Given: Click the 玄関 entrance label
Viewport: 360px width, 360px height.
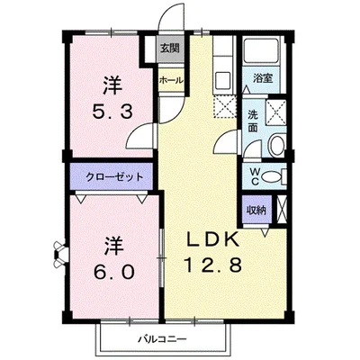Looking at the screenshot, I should [x=169, y=49].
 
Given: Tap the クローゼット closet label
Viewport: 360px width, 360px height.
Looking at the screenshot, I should [x=109, y=175].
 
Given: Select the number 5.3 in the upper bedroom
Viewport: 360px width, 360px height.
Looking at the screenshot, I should [x=112, y=113].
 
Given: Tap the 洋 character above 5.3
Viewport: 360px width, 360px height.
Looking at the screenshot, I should [x=111, y=87].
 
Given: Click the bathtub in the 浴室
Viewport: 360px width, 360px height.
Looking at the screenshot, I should [x=265, y=54].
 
